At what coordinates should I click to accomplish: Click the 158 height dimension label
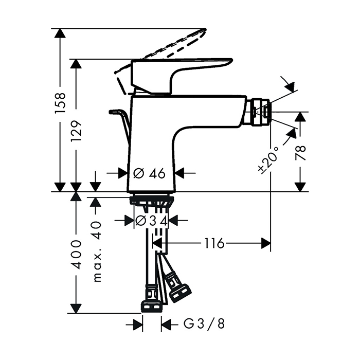click(x=61, y=103)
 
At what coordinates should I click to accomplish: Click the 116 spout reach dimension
click(x=213, y=243)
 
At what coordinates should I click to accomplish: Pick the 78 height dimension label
click(x=301, y=153)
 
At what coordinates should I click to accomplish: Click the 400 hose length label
click(x=76, y=254)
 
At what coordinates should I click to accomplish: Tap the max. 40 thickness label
click(x=96, y=252)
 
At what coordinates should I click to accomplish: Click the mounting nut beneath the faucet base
click(x=152, y=200)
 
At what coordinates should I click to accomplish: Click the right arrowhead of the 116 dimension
click(x=266, y=243)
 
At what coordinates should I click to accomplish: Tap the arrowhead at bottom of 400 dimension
click(x=76, y=309)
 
